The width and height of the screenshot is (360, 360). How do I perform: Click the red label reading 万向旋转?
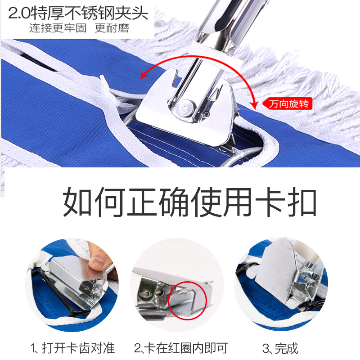pyautogui.click(x=288, y=104)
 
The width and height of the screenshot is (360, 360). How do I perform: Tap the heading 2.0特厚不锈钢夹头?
pyautogui.click(x=78, y=13)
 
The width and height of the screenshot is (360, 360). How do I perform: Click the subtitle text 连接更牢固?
pyautogui.click(x=58, y=28)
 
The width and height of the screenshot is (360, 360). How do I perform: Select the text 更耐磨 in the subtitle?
pyautogui.click(x=112, y=28)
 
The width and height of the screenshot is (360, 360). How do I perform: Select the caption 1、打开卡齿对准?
pyautogui.click(x=72, y=348)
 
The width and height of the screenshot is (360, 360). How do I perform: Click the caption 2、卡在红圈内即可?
pyautogui.click(x=181, y=348)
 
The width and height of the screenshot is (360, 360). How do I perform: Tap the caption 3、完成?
pyautogui.click(x=280, y=348)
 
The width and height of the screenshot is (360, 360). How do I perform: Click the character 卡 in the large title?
pyautogui.click(x=269, y=202)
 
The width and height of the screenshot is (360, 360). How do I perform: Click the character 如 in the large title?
pyautogui.click(x=77, y=202)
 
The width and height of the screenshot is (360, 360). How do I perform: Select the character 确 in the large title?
pyautogui.click(x=174, y=202)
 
